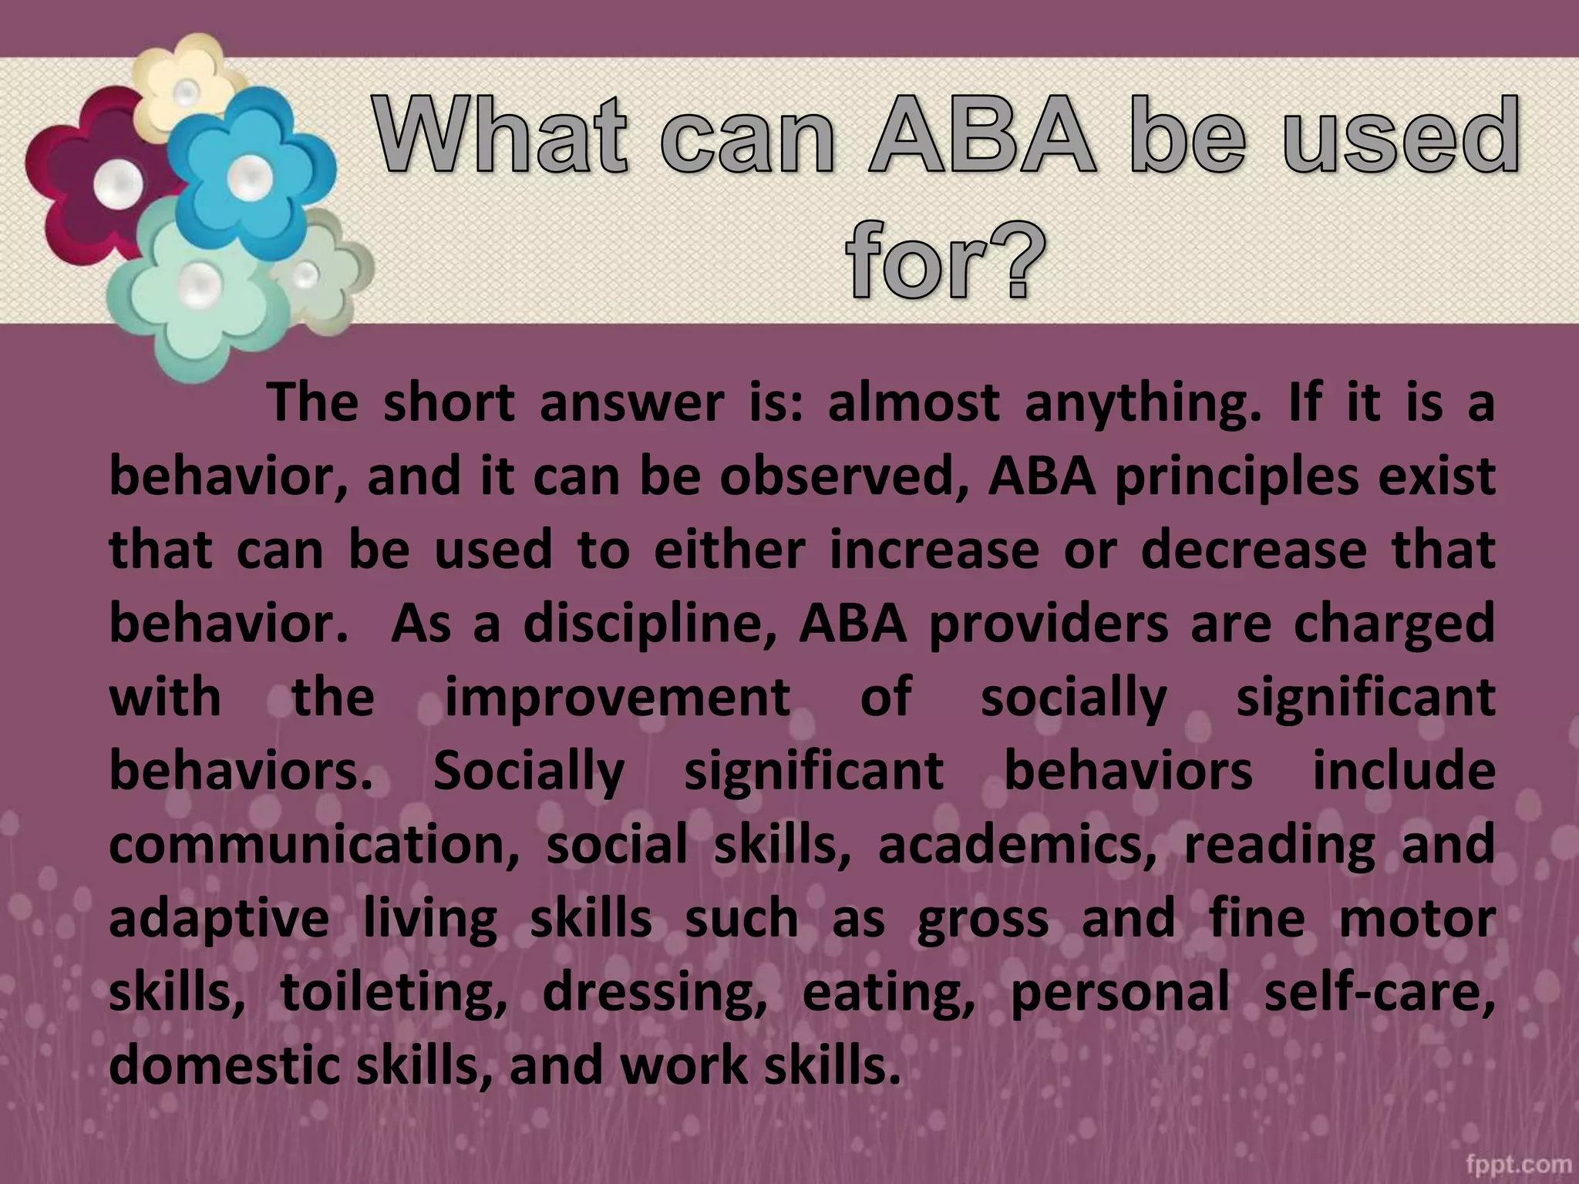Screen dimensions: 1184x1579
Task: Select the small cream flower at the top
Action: click(185, 81)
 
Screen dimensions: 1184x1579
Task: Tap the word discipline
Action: click(648, 624)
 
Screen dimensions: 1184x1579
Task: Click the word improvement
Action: click(618, 697)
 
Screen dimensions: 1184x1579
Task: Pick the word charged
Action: click(1395, 624)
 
